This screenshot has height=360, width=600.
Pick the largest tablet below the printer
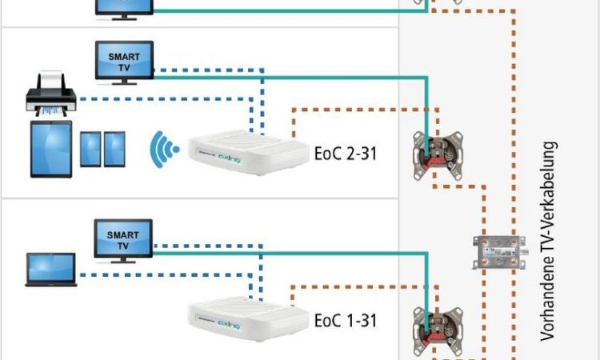point(51,149)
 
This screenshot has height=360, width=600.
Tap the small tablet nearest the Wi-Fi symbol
point(115,149)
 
